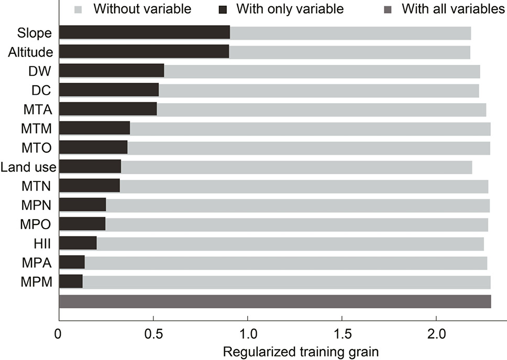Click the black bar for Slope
(x=145, y=32)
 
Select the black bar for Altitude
(x=144, y=51)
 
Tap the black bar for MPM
(x=71, y=281)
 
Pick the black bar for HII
(x=78, y=243)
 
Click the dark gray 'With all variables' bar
(x=275, y=301)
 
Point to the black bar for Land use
(x=90, y=166)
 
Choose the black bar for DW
(x=112, y=71)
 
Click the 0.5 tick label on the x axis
(x=153, y=334)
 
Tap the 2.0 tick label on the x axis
(x=436, y=334)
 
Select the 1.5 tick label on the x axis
(x=342, y=334)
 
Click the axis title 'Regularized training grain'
(x=301, y=352)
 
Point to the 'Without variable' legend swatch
(x=78, y=10)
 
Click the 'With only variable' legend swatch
(x=223, y=10)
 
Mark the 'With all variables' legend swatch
(x=388, y=10)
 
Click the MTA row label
(x=38, y=109)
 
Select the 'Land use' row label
(x=28, y=167)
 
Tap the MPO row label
(x=36, y=224)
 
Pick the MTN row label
(x=36, y=186)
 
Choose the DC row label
(x=41, y=91)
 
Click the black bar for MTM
(x=95, y=128)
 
